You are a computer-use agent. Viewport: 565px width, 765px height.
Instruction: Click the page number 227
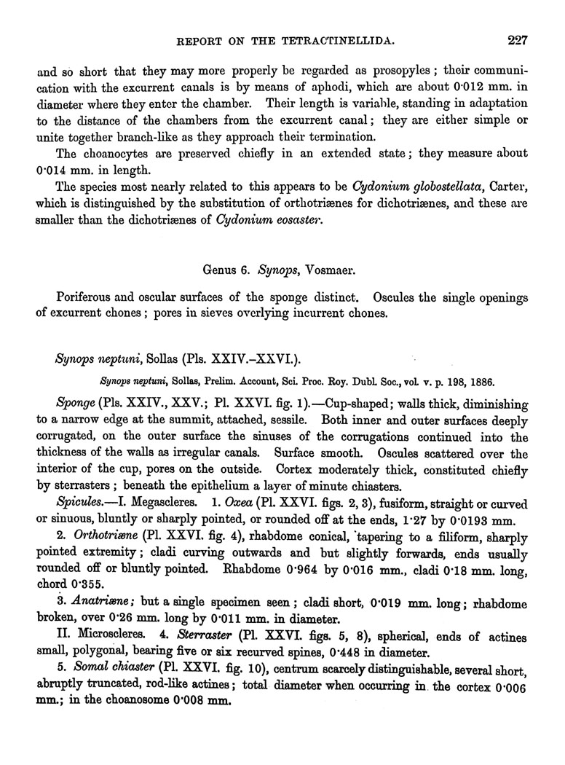[518, 40]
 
